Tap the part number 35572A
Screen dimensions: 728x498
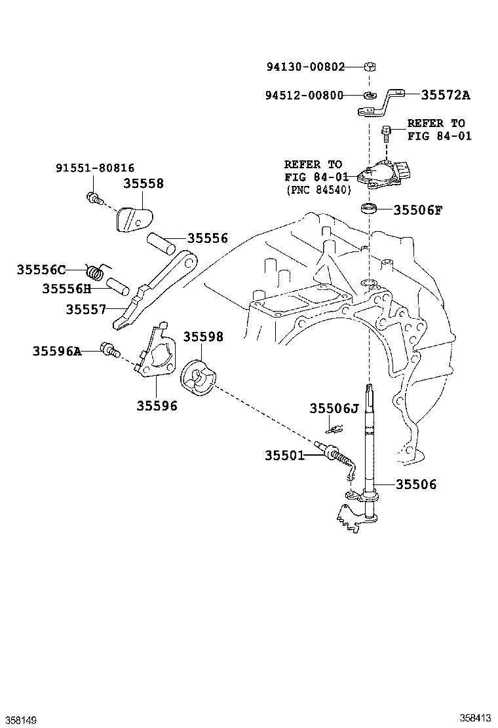(x=445, y=96)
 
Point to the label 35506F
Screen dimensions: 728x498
(x=417, y=210)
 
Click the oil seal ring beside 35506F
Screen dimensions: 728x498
(x=370, y=209)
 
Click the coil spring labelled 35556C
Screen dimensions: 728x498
(x=96, y=270)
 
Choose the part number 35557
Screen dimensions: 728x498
(x=85, y=309)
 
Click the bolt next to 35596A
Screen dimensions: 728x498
(x=109, y=350)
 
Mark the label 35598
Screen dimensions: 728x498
(x=202, y=337)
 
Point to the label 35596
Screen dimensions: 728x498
(x=157, y=406)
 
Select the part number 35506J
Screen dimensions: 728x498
(x=334, y=409)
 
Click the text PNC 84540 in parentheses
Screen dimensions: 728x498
(x=318, y=190)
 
